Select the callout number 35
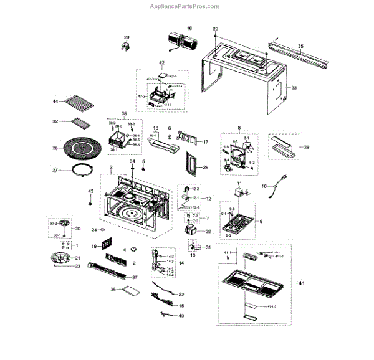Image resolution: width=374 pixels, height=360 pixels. pyautogui.click(x=300, y=46)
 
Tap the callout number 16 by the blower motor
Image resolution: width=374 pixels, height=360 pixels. pyautogui.click(x=189, y=29)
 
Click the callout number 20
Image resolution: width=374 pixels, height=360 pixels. pyautogui.click(x=127, y=37)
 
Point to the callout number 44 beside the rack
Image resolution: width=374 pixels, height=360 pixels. pyautogui.click(x=55, y=101)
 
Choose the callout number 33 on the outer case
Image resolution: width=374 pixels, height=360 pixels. pyautogui.click(x=295, y=88)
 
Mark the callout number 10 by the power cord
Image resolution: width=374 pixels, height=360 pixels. pyautogui.click(x=263, y=186)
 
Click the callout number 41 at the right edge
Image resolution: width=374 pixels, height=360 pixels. pyautogui.click(x=302, y=284)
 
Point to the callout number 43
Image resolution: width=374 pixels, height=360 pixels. pyautogui.click(x=90, y=191)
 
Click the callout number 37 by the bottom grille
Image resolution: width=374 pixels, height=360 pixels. pyautogui.click(x=134, y=277)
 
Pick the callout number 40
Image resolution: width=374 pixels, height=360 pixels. pyautogui.click(x=181, y=316)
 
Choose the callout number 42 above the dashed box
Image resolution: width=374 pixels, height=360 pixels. pyautogui.click(x=161, y=64)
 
